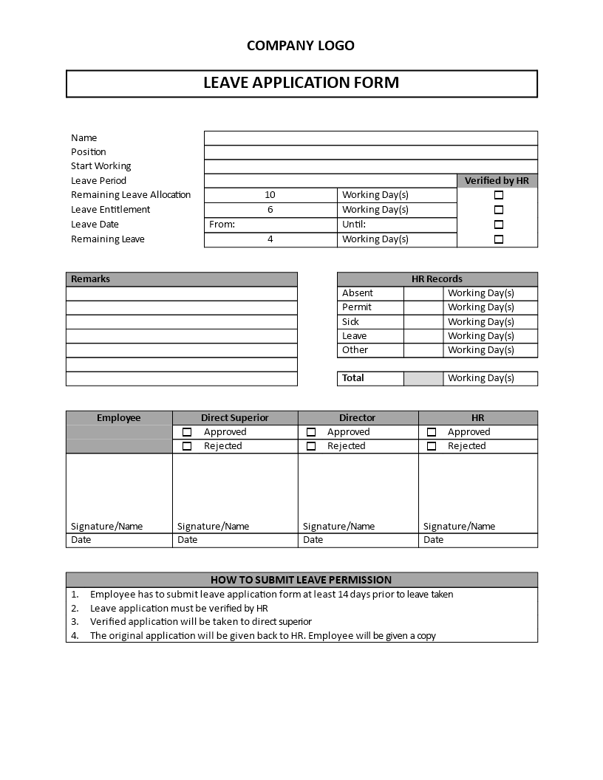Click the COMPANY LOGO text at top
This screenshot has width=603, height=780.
(300, 46)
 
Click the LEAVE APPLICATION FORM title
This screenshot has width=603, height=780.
(301, 83)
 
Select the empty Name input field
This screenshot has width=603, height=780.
(370, 138)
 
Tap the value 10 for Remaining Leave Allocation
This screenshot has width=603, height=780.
(270, 195)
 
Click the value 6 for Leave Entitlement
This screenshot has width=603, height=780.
(270, 210)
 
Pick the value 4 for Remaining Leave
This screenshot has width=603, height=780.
(270, 239)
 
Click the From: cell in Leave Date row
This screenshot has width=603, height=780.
(222, 225)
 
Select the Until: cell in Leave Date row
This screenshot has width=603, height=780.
(354, 225)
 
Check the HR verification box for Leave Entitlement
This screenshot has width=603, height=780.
(498, 210)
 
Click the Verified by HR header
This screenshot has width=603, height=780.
(497, 181)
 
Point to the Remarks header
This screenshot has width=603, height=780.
(91, 279)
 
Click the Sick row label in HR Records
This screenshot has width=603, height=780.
(350, 322)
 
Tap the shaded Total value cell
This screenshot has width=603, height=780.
(423, 378)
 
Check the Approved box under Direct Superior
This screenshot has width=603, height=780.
(187, 432)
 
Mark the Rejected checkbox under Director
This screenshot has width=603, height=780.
(311, 446)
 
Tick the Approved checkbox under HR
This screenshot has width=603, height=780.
(432, 432)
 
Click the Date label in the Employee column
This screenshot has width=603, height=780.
(81, 540)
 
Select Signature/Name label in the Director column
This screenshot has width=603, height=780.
(338, 527)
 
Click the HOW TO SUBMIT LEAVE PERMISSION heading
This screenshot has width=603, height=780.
(301, 580)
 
